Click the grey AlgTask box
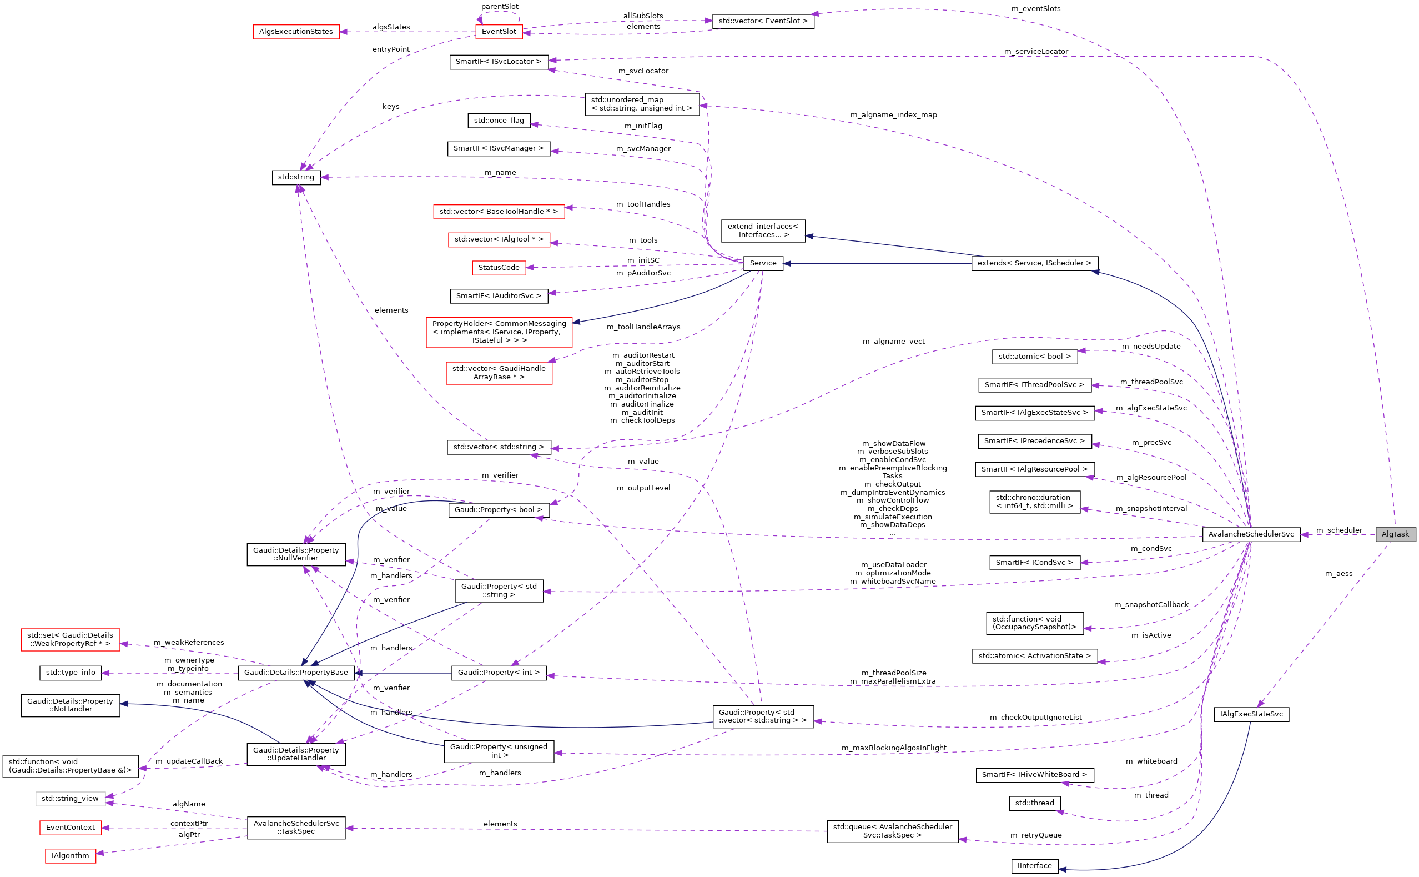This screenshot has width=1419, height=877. [x=1395, y=534]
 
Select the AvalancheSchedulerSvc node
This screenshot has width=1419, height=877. [x=1250, y=534]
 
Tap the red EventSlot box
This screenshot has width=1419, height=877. [x=499, y=31]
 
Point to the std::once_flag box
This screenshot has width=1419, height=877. [x=499, y=121]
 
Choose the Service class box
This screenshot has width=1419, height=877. [x=762, y=263]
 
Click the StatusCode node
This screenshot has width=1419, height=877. [x=499, y=267]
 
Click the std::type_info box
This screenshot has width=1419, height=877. [x=70, y=672]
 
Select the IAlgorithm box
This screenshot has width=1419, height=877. [x=70, y=855]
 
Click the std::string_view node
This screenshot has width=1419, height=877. [x=70, y=799]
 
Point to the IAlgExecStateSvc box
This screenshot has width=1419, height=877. [x=1251, y=714]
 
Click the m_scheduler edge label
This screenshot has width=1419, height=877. [x=1339, y=530]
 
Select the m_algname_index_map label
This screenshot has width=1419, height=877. [x=893, y=115]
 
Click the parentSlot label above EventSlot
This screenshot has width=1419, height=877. [x=500, y=6]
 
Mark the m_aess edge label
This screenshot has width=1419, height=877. [x=1339, y=574]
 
